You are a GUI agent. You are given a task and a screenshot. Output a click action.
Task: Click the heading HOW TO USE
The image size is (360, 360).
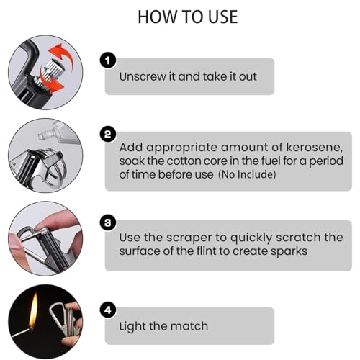188,17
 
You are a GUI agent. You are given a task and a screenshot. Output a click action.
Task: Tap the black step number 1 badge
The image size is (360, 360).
108,60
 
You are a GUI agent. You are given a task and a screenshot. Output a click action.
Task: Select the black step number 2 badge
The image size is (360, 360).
108,134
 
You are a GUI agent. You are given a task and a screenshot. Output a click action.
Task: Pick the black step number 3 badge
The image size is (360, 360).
108,222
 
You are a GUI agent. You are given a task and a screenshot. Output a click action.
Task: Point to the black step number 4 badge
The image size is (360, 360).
108,310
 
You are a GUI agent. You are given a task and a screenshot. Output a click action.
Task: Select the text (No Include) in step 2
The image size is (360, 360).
247,174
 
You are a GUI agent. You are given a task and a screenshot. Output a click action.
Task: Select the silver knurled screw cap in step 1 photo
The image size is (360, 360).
51,71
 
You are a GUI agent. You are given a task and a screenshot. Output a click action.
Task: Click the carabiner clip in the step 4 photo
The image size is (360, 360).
59,317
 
